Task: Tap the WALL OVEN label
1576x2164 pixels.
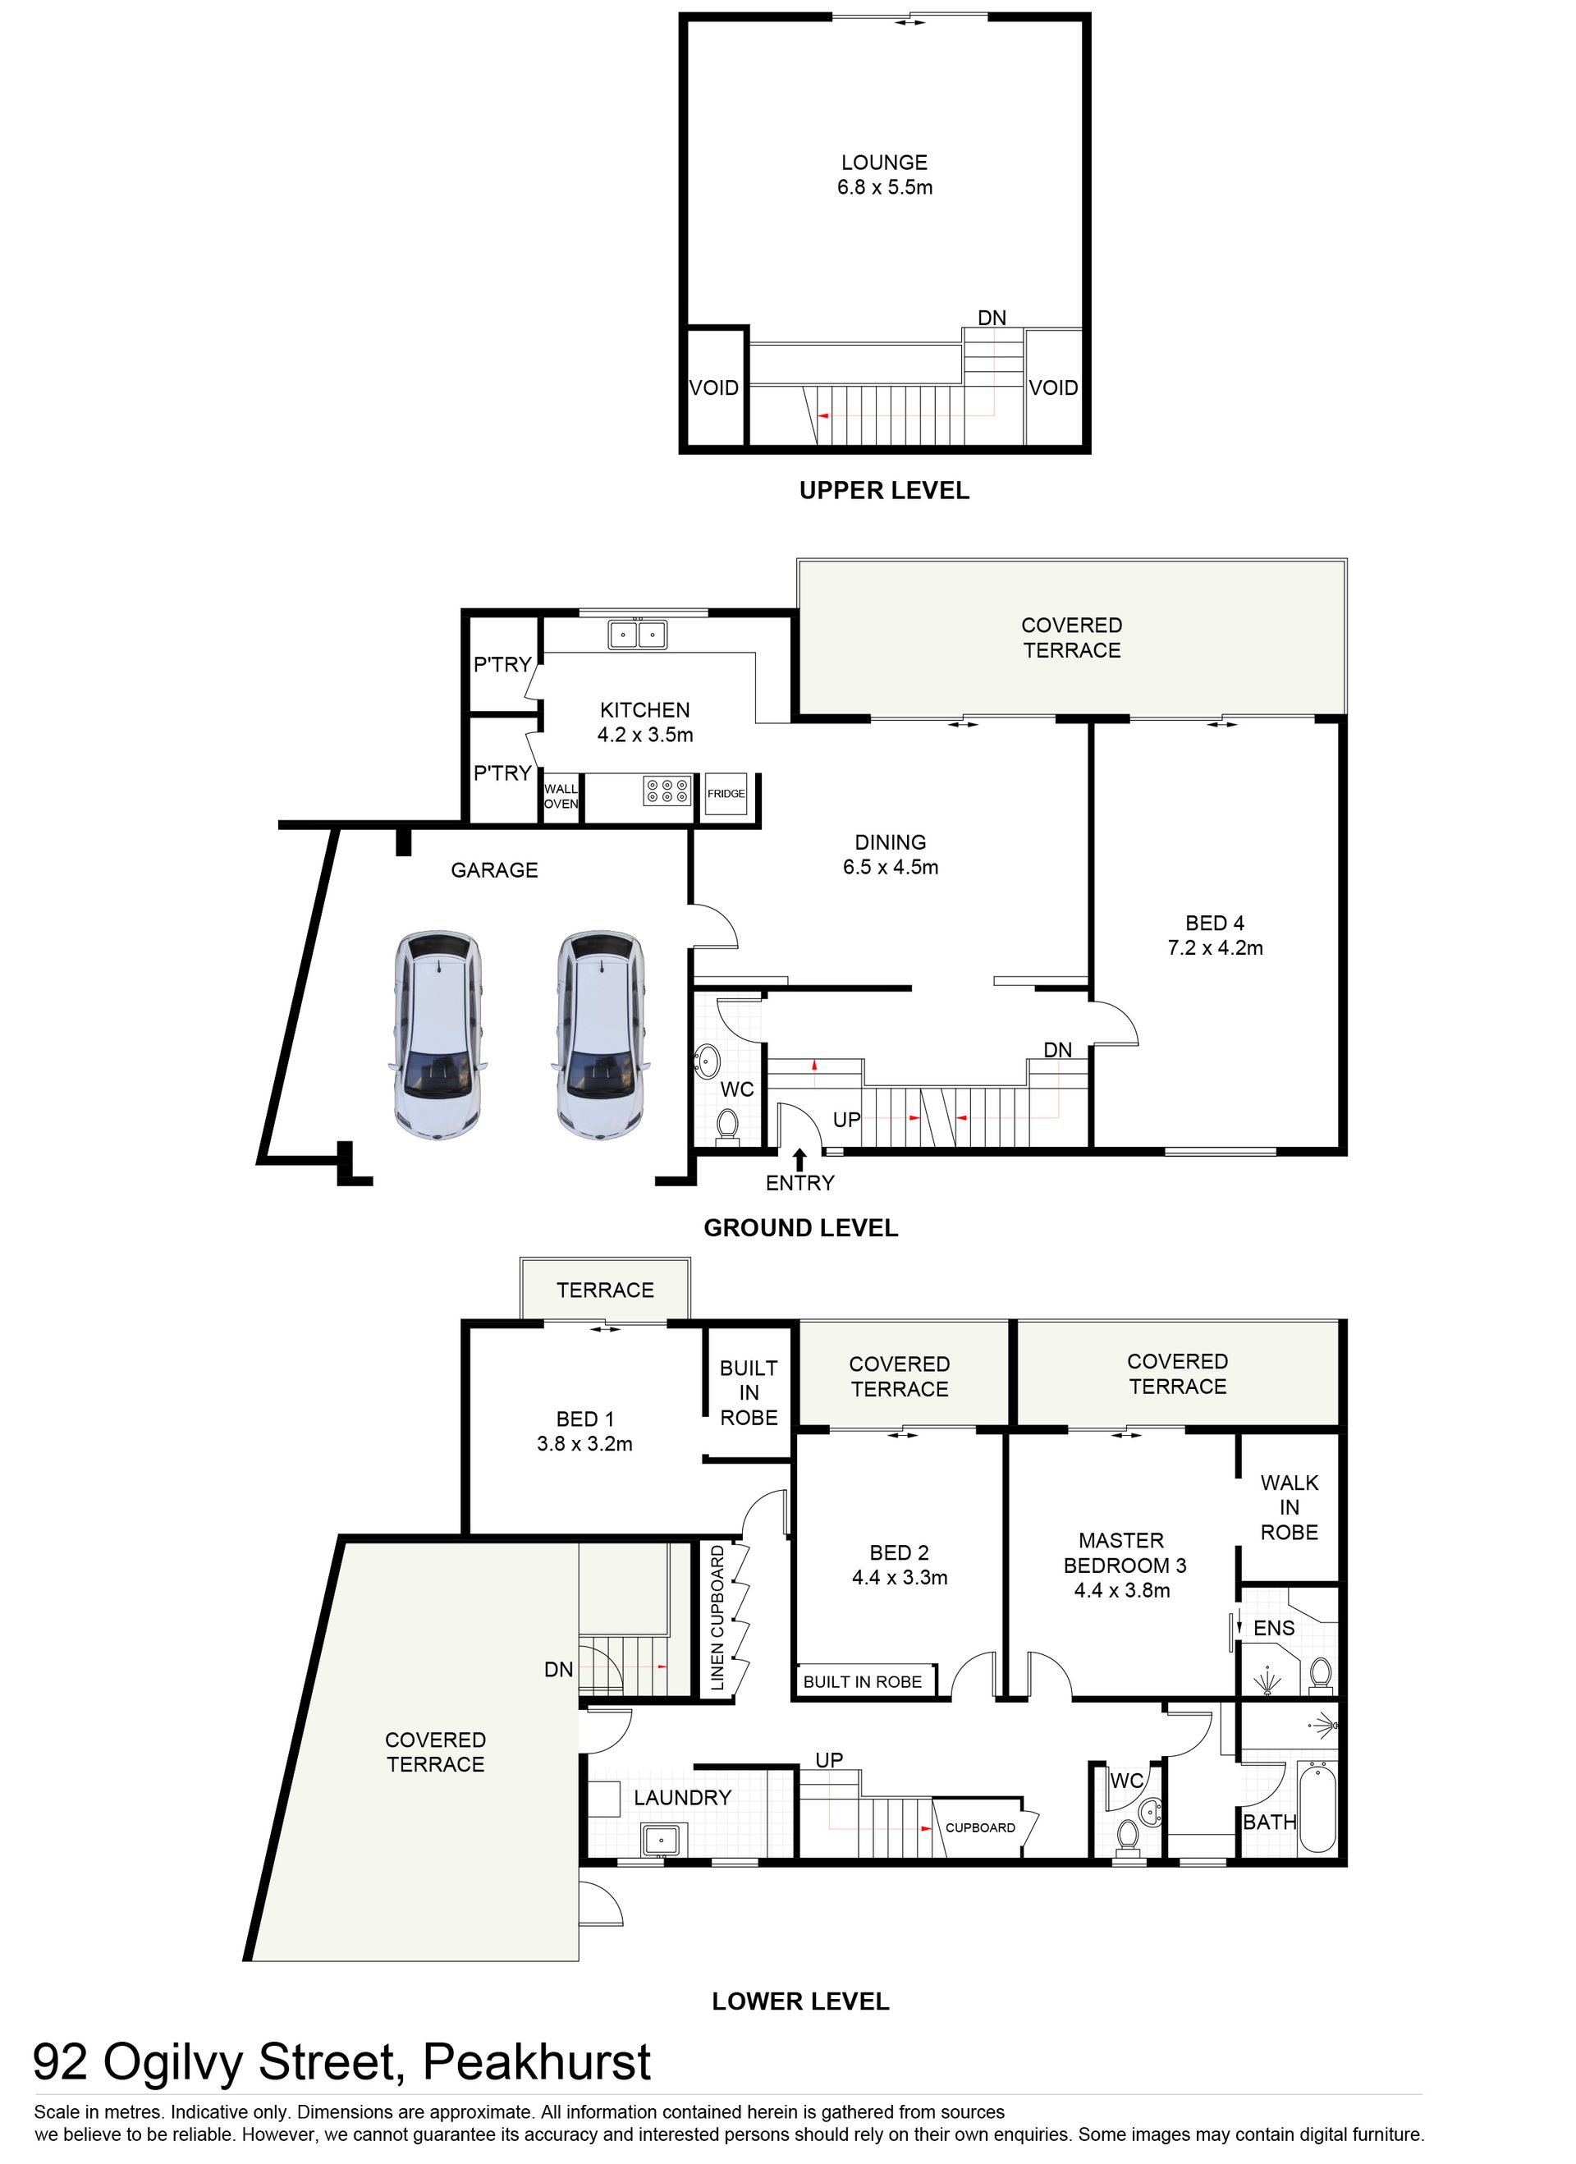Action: [x=561, y=796]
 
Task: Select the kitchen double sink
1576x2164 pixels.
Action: [x=639, y=634]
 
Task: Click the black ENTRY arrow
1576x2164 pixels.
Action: [x=799, y=1159]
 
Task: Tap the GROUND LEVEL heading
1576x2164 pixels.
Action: [x=800, y=1228]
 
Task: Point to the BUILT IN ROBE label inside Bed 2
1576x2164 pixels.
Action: [x=863, y=1681]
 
